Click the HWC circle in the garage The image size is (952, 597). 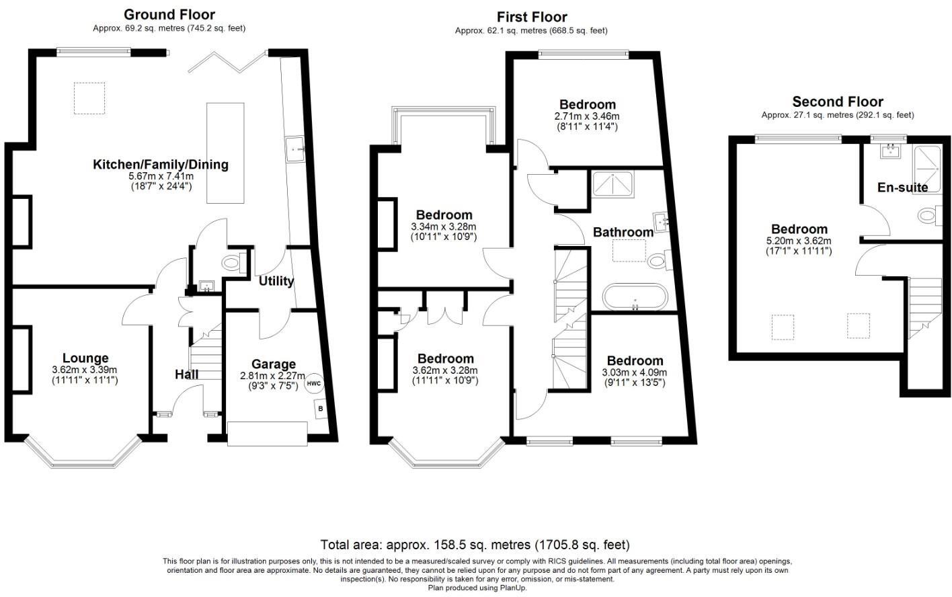[314, 384]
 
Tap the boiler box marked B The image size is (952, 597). [321, 408]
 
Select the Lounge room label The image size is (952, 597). [85, 358]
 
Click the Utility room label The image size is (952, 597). [276, 281]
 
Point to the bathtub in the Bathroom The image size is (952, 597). [635, 296]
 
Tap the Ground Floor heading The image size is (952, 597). [169, 14]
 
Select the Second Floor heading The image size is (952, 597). [837, 102]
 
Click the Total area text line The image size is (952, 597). [475, 545]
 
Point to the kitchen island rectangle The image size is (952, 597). [225, 153]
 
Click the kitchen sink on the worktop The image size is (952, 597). [296, 149]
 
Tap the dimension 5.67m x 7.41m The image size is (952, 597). [160, 176]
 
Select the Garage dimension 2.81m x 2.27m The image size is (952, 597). [273, 376]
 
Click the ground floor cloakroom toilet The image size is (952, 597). [232, 262]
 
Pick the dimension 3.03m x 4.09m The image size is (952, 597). [635, 372]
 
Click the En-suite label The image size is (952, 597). [902, 188]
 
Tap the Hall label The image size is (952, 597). [186, 374]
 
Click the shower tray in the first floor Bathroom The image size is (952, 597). [612, 184]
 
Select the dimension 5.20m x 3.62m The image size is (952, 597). [799, 241]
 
